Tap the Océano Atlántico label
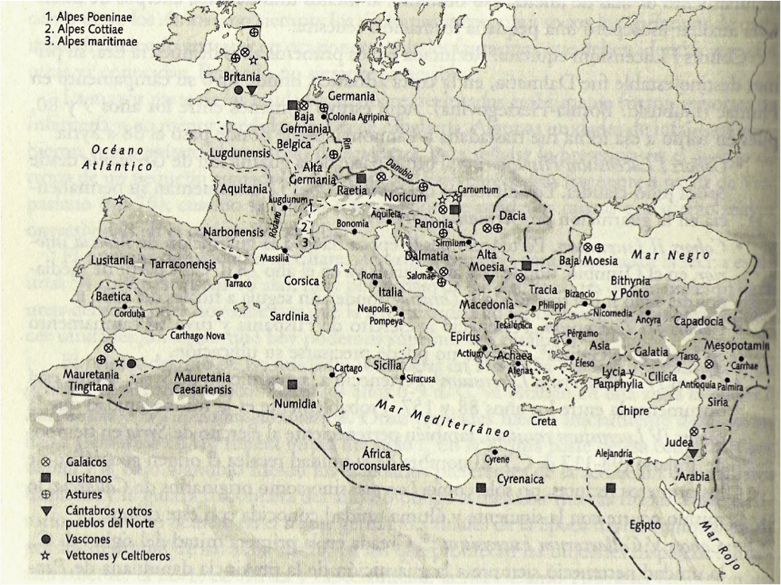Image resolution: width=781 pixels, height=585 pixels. (x=121, y=158)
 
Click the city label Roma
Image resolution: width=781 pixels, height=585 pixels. (x=372, y=275)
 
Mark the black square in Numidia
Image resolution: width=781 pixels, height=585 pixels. (x=293, y=385)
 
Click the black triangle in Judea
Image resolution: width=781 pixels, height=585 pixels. (x=694, y=452)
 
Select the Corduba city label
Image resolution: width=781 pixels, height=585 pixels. (x=130, y=312)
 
